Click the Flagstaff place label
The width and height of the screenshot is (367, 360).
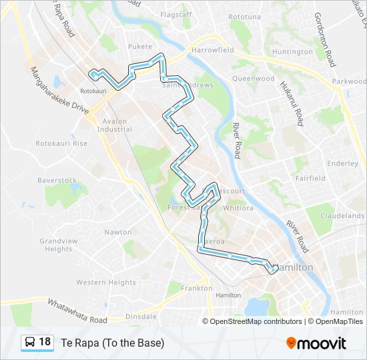(x=176, y=14)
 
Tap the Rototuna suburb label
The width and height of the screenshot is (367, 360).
(x=244, y=16)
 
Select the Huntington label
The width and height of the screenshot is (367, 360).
(x=292, y=52)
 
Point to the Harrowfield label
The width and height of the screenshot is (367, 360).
(x=212, y=51)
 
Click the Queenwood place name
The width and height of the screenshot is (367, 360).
(x=253, y=78)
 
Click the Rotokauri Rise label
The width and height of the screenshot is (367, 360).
(x=61, y=143)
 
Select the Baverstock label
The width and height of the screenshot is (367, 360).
(x=57, y=181)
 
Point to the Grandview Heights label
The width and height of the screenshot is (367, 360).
(x=59, y=245)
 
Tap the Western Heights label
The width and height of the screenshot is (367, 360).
(x=105, y=283)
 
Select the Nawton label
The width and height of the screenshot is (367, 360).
(x=117, y=233)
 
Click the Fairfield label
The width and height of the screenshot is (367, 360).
(x=310, y=178)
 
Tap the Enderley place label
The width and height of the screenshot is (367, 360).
(x=343, y=163)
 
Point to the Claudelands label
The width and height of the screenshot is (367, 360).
(x=342, y=215)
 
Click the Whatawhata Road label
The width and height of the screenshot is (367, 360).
(x=77, y=311)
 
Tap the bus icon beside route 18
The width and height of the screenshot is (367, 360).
(x=30, y=343)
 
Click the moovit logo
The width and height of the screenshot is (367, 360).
(x=316, y=343)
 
